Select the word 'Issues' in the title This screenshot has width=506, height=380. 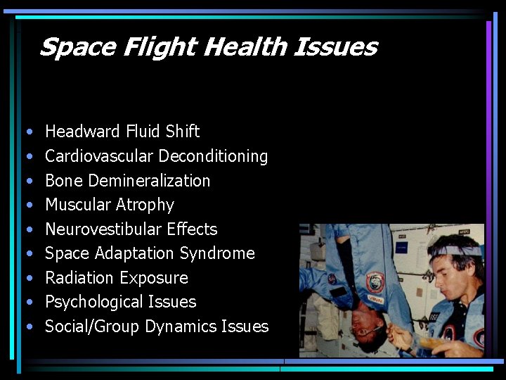pos(335,47)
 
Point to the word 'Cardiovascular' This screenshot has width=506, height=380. pos(98,156)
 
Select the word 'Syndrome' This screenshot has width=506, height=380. pos(217,253)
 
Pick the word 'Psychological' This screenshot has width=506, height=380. pos(93,302)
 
